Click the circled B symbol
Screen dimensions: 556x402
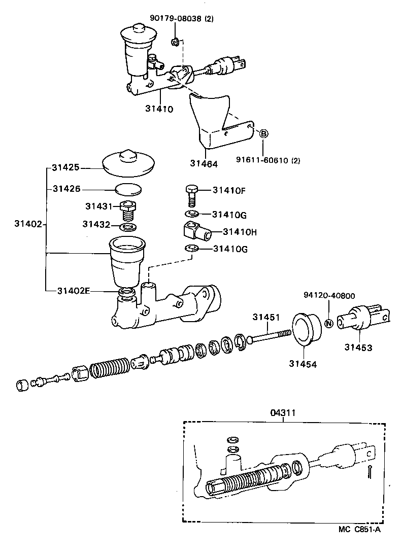coord(263,134)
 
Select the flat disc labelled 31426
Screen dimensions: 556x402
coord(128,190)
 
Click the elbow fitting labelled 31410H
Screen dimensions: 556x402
coord(195,231)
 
